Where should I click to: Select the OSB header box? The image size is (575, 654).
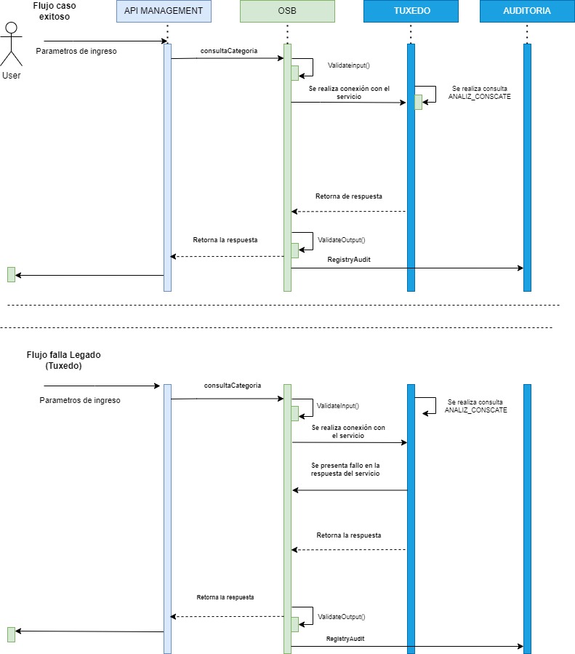(287, 11)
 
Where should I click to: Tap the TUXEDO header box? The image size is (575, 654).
(411, 11)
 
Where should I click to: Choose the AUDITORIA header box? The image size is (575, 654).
(526, 11)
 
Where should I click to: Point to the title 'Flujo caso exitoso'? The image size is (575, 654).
(55, 11)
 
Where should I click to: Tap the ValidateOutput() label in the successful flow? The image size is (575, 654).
(342, 239)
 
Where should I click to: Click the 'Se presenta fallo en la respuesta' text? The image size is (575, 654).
(345, 469)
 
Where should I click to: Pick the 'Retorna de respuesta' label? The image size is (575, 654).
(348, 196)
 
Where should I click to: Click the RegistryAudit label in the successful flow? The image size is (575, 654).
(349, 259)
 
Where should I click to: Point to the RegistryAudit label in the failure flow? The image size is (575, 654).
(345, 638)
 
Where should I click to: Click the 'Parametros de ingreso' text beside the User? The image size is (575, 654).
(76, 51)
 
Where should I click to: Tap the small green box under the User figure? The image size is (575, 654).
(11, 274)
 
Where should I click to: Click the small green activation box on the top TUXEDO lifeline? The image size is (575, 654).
(418, 102)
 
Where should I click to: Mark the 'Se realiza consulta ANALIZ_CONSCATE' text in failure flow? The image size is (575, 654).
(475, 406)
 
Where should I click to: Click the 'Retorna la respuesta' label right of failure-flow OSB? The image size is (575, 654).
(348, 535)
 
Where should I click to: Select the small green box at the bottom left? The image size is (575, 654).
(11, 634)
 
